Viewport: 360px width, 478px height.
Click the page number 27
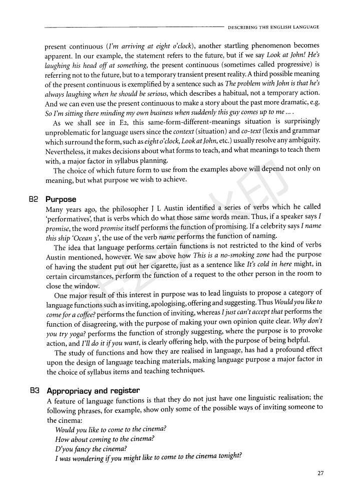coord(320,472)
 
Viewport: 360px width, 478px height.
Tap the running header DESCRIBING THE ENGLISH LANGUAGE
coord(273,27)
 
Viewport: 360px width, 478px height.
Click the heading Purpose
coord(61,199)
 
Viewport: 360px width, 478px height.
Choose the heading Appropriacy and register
coord(93,390)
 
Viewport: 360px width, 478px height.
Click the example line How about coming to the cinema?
coord(104,438)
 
